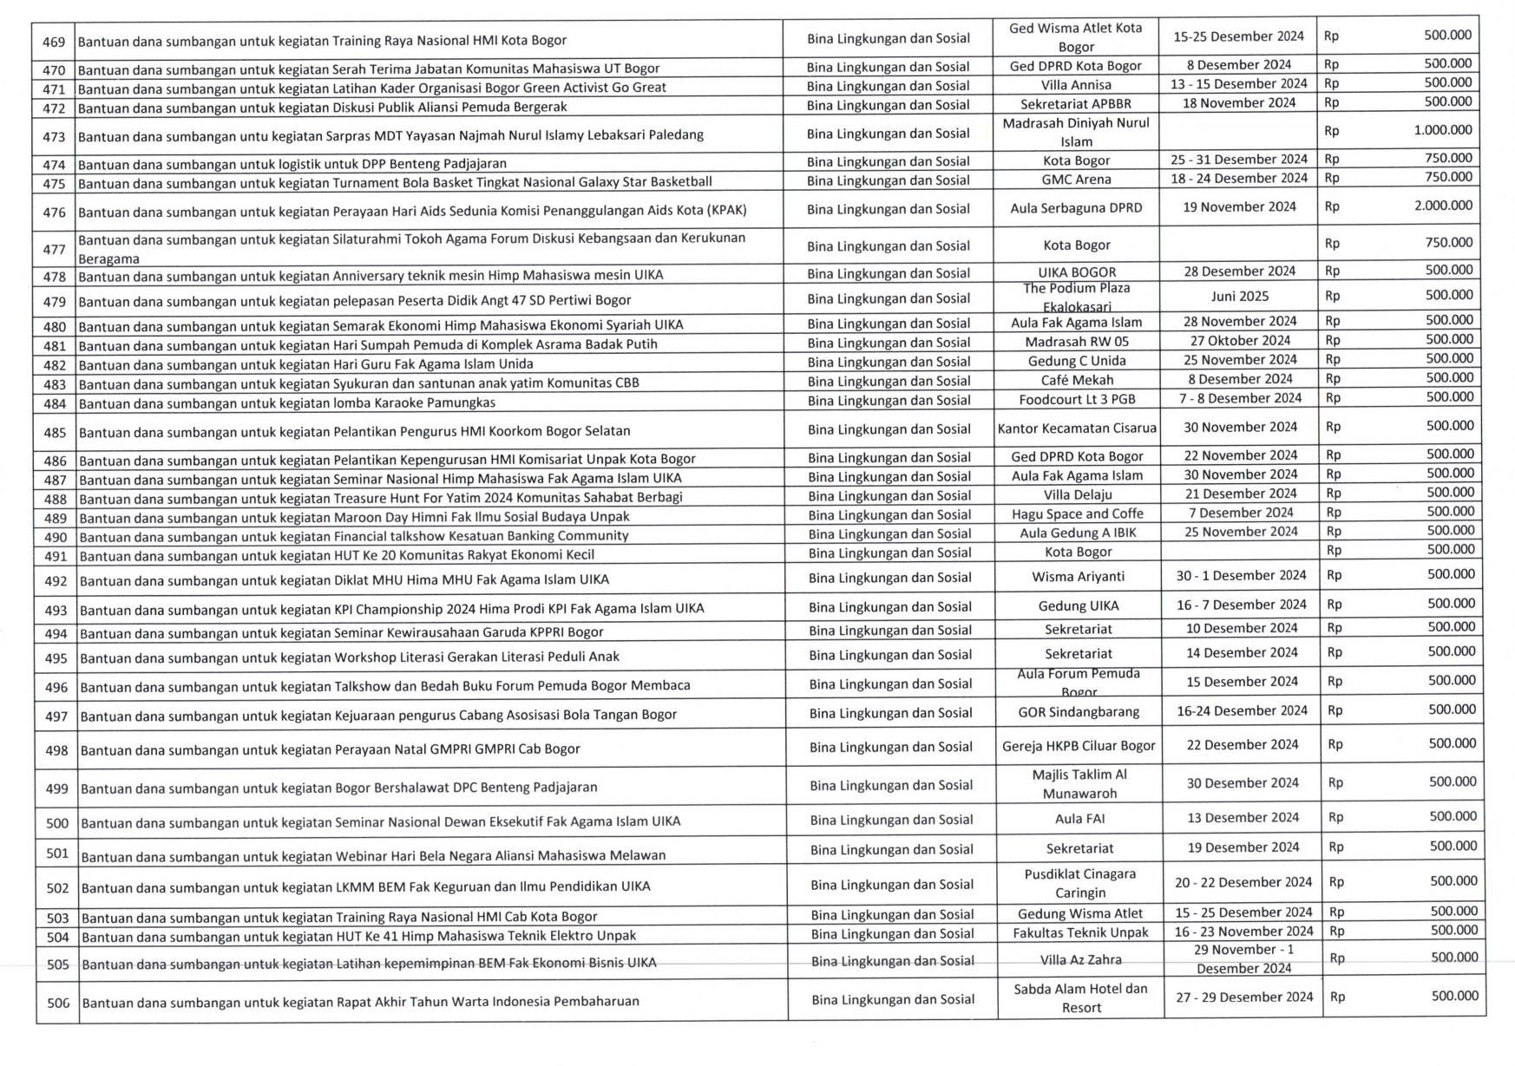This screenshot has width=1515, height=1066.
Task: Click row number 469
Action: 54,42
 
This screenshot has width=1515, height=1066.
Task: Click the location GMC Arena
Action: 1076,180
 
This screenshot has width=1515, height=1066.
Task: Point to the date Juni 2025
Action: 1239,297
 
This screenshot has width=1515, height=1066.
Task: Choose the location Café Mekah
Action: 1077,380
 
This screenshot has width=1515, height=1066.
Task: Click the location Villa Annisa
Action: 1076,85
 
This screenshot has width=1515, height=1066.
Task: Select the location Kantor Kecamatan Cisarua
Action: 1077,428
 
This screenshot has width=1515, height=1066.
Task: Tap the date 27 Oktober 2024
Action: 1240,341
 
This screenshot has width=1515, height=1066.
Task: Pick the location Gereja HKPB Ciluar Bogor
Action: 1079,746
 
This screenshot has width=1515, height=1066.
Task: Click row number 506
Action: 58,1003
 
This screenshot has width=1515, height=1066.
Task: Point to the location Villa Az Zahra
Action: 1080,959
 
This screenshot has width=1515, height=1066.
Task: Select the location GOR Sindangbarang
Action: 1079,712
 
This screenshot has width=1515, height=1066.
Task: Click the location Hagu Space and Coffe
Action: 1078,513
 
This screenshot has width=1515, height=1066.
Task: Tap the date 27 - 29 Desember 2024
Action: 1244,997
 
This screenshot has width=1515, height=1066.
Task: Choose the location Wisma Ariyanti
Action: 1078,577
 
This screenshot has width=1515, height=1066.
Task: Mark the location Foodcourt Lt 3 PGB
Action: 1077,399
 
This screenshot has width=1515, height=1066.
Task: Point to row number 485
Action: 55,432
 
